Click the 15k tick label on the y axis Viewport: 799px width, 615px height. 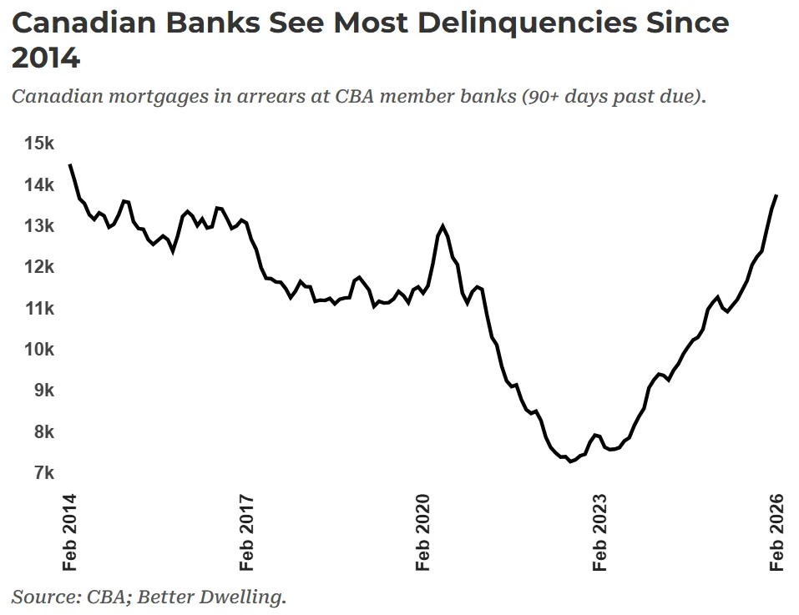39,144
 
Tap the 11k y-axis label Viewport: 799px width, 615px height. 39,309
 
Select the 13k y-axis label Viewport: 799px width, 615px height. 39,226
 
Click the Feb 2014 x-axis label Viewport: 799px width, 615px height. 69,532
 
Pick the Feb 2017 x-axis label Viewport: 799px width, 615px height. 246,532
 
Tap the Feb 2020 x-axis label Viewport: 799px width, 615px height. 423,532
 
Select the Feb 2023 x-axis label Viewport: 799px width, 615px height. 600,532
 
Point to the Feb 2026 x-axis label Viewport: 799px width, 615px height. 777,532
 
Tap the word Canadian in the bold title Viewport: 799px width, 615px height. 81,23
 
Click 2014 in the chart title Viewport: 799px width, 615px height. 46,58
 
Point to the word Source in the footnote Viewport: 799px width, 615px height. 42,597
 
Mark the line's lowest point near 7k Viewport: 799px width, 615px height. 570,461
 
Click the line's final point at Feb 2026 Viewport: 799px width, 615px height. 776,195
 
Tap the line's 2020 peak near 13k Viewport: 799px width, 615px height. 442,226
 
